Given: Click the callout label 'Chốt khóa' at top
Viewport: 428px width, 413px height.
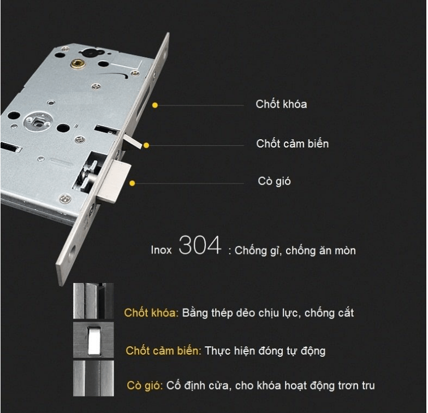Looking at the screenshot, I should pyautogui.click(x=281, y=104).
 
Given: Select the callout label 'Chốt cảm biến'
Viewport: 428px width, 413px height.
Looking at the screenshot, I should pyautogui.click(x=292, y=144).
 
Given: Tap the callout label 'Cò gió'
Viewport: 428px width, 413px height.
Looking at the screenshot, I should pyautogui.click(x=274, y=181).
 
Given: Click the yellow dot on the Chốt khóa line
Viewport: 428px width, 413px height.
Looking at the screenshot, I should pyautogui.click(x=155, y=105).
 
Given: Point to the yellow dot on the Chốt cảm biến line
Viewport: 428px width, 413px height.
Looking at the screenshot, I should pyautogui.click(x=146, y=145).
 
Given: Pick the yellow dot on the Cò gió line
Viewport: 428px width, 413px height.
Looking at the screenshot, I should pyautogui.click(x=132, y=184).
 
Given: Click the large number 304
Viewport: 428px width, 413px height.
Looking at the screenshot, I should pyautogui.click(x=200, y=246).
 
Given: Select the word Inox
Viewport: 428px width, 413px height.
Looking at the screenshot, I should pyautogui.click(x=161, y=250).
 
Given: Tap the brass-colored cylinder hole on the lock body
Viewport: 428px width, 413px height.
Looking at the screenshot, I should pyautogui.click(x=79, y=64).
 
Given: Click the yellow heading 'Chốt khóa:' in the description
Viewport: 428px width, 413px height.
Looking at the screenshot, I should pyautogui.click(x=151, y=313).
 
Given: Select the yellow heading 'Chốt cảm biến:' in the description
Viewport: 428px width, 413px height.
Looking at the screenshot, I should pyautogui.click(x=163, y=351).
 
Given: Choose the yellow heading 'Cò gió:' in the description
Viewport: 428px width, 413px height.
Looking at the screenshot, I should pyautogui.click(x=145, y=386).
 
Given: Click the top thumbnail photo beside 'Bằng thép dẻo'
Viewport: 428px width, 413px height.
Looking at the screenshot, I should pyautogui.click(x=93, y=301).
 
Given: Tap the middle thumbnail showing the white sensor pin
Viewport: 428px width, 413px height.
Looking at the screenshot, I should pyautogui.click(x=93, y=339).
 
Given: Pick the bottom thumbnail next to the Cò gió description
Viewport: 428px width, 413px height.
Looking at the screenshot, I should pyautogui.click(x=93, y=377).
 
